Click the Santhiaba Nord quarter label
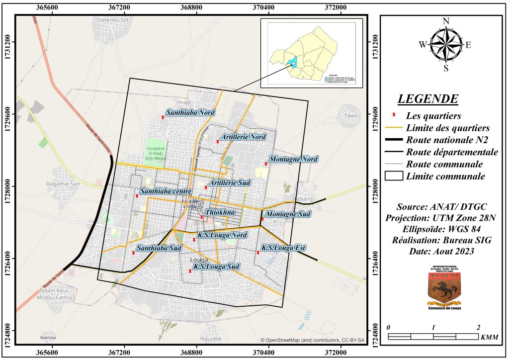pos(190,113)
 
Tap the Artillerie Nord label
pos(244,137)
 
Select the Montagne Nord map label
pos(292,160)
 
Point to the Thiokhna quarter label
pos(220,212)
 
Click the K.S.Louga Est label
pos(284,248)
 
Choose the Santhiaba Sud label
pos(159,248)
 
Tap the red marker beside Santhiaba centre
pos(137,196)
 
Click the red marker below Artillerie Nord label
pos(218,142)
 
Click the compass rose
pos(446,44)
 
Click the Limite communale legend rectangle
pos(394,176)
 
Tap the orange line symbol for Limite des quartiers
pos(394,128)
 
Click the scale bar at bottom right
pos(433,337)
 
